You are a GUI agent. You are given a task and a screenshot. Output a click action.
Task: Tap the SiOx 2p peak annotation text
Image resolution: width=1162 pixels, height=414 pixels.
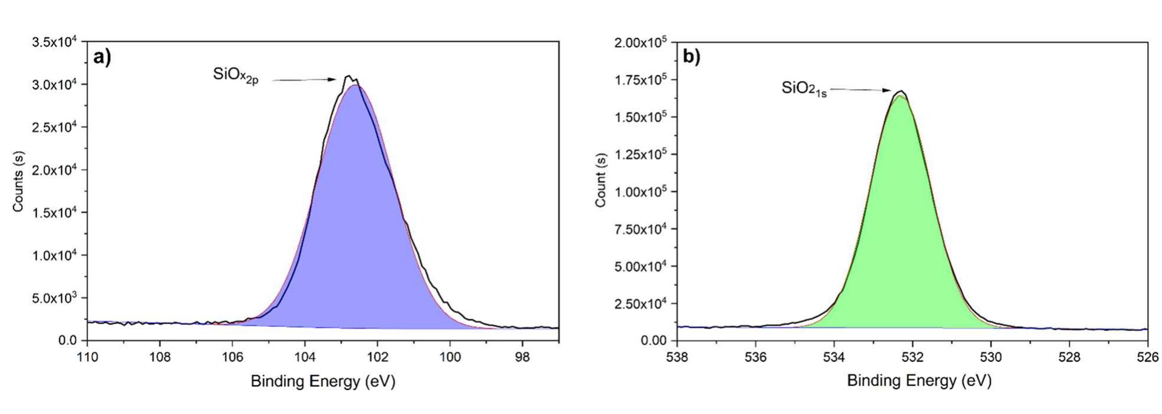coord(235,76)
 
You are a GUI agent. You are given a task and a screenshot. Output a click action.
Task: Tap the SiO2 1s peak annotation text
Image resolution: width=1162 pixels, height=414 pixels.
coord(804,89)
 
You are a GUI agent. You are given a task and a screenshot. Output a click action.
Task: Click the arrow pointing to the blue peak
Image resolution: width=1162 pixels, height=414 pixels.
coord(303,80)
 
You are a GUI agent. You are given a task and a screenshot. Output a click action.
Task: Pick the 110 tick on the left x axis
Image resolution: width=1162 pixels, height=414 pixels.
coord(88,357)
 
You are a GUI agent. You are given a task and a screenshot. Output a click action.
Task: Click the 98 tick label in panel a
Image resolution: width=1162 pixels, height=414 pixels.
coord(522,357)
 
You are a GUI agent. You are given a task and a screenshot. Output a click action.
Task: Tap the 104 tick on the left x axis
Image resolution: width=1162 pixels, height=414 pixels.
coord(305,357)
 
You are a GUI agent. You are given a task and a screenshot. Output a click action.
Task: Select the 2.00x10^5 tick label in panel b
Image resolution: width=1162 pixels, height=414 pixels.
coord(640,42)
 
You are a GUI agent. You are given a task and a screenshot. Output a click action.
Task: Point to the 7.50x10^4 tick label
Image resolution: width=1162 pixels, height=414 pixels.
coord(640,229)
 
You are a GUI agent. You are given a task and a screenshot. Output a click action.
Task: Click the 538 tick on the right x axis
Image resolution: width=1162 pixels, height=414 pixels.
coord(677,357)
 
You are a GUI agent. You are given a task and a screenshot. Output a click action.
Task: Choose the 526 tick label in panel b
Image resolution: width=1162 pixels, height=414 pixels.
coord(1147,357)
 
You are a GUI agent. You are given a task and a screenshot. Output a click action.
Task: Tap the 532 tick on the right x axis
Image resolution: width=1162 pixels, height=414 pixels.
coord(912,357)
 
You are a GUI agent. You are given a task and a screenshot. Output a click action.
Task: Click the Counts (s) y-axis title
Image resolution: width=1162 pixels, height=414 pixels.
coord(18,182)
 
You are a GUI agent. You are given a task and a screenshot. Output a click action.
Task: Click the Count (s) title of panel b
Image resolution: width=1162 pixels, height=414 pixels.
coord(600,181)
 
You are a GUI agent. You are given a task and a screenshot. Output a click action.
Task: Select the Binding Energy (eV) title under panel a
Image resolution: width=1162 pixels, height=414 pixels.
coord(323,382)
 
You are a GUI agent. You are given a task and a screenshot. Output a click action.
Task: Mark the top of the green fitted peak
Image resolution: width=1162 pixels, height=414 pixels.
coord(900,96)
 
